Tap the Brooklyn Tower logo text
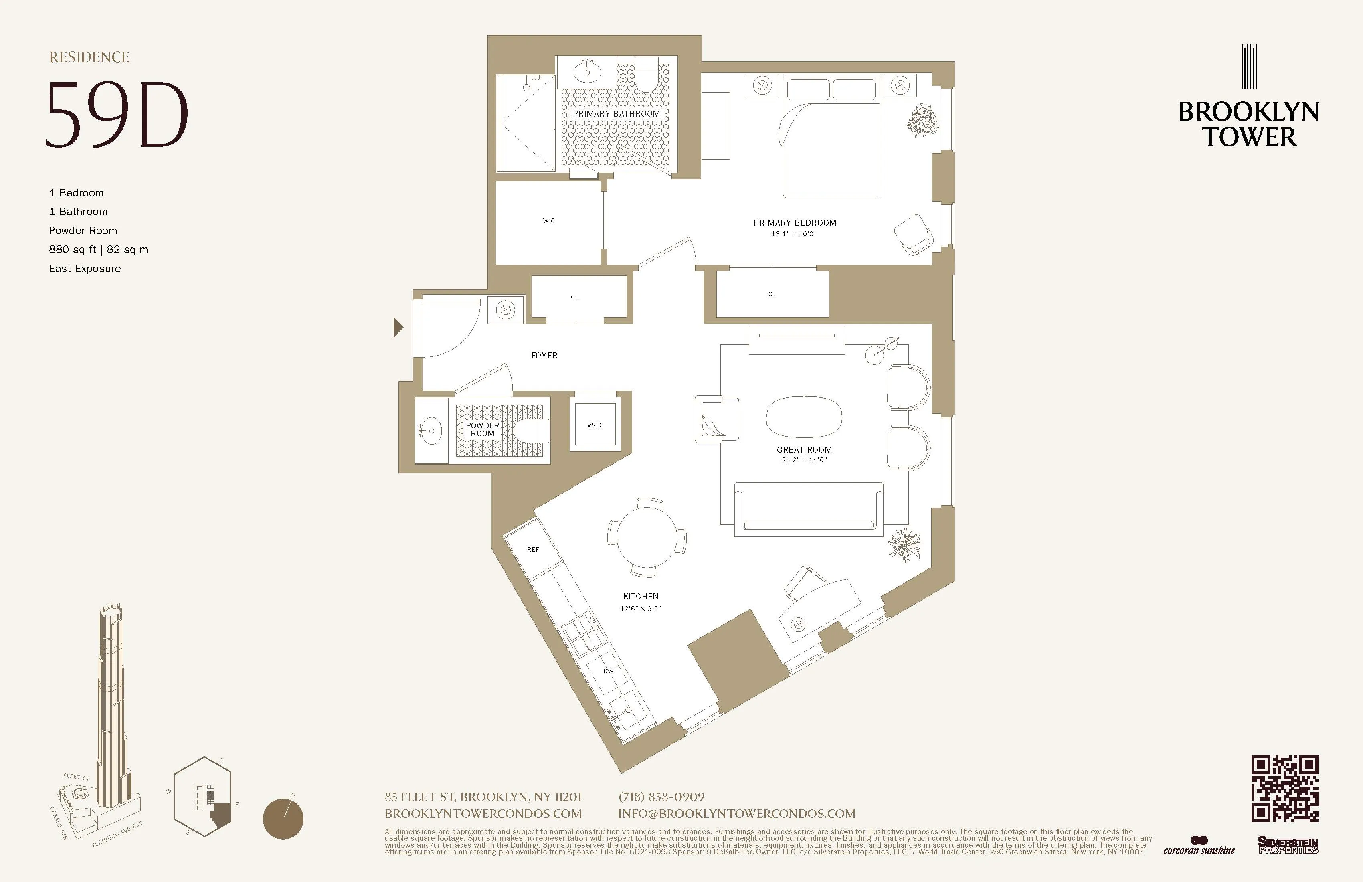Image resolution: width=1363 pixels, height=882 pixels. coord(1248,124)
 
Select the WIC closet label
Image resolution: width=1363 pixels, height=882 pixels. coord(549,221)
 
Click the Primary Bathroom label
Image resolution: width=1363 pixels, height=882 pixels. coord(616,114)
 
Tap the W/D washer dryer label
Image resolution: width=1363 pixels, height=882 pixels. coord(595,425)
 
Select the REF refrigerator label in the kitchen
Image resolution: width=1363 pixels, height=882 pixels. coord(533,550)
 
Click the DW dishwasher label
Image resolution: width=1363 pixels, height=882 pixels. coord(608,671)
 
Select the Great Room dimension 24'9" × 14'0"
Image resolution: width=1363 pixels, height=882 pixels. coord(804,460)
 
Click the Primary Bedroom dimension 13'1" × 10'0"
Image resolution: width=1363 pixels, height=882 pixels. coord(794,234)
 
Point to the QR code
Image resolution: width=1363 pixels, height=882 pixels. coord(1284,788)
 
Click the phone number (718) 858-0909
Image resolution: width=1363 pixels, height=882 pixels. coord(661,797)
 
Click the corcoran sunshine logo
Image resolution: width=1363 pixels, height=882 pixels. coord(1199,846)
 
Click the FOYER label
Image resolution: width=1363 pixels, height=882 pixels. coord(544,356)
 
